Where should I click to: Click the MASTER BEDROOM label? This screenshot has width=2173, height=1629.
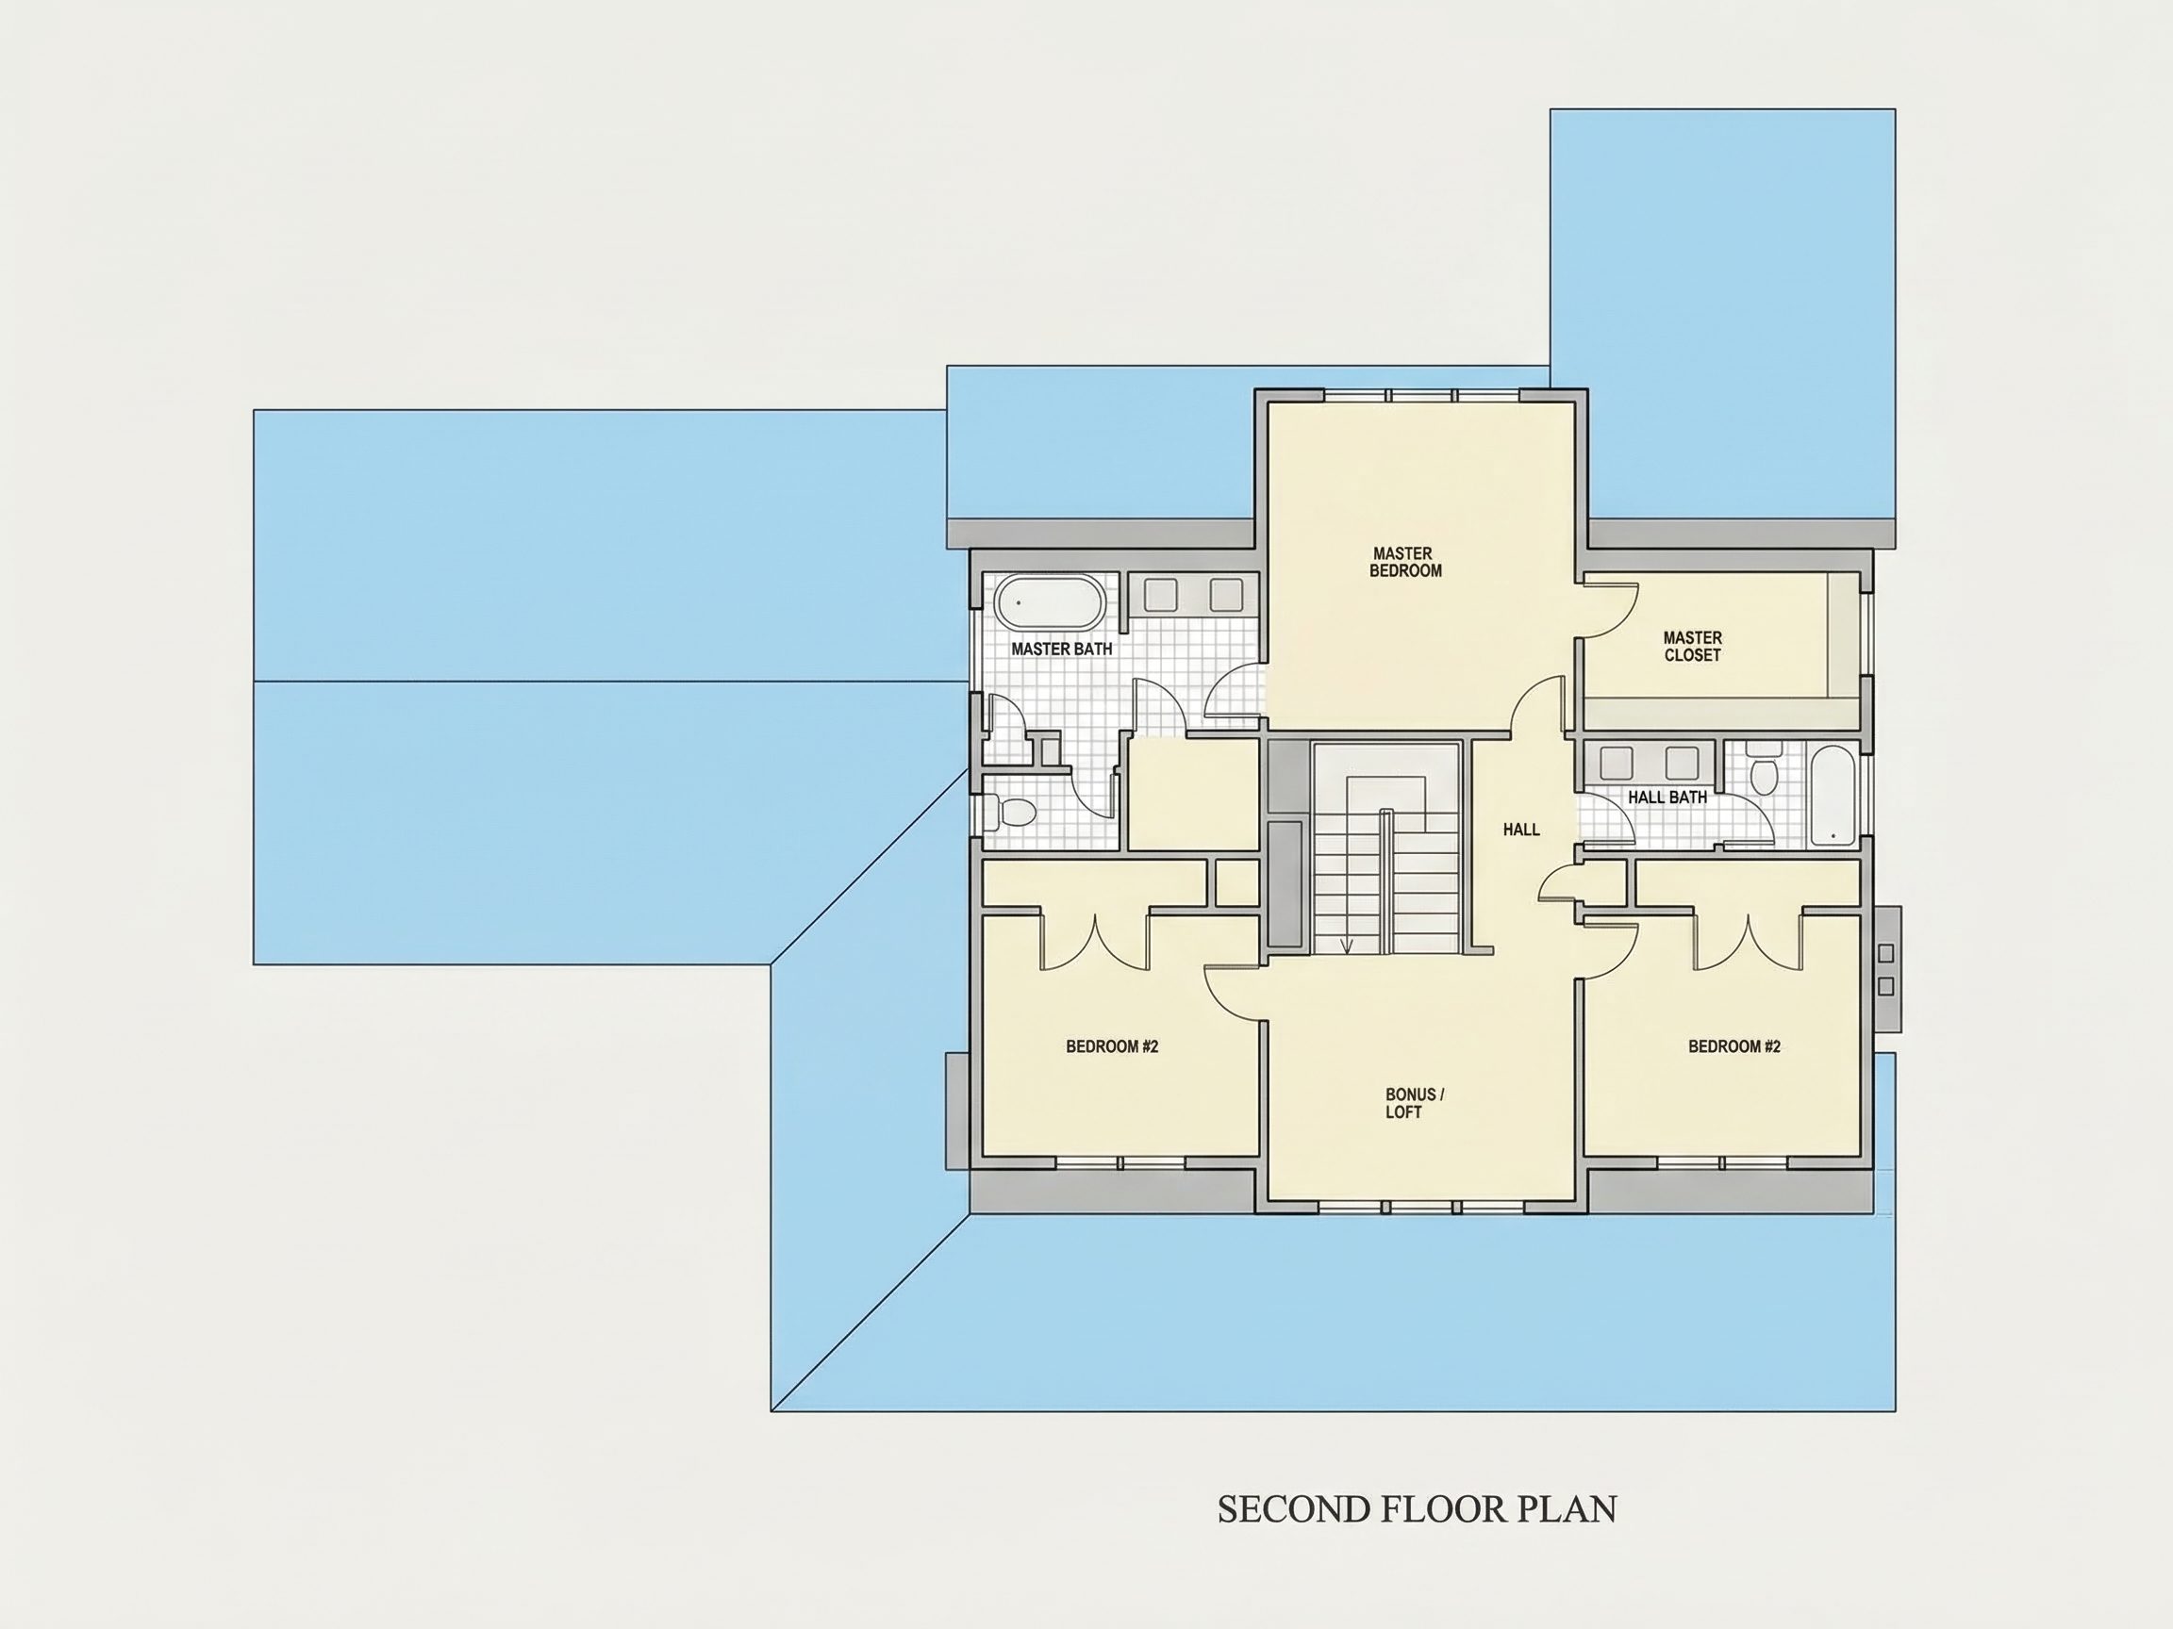pos(1404,562)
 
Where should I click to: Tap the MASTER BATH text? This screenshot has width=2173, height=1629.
pos(1062,649)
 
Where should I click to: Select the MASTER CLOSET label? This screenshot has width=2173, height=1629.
pos(1693,646)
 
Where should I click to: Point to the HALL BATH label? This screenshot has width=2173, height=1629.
pos(1667,798)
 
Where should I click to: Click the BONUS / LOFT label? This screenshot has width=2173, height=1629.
pos(1415,1103)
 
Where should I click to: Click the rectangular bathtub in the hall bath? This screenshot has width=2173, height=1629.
pos(1833,797)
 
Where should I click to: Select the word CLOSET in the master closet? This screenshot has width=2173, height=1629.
pos(1693,655)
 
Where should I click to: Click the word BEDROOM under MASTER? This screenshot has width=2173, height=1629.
pos(1406,570)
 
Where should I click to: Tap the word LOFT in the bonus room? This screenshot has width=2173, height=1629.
pos(1403,1112)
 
